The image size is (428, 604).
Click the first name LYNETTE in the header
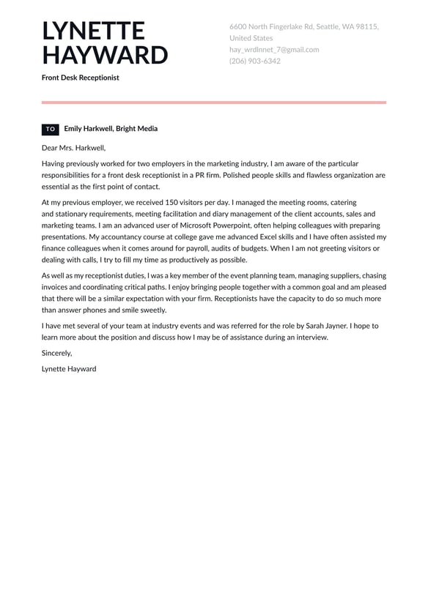point(93,31)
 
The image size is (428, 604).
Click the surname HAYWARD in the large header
point(105,56)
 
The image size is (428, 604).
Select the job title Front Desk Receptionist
point(80,77)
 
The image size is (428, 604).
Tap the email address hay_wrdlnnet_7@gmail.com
point(274,50)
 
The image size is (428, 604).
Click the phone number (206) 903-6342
point(254,61)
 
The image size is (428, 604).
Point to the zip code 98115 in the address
point(366,26)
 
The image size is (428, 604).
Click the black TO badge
point(50,129)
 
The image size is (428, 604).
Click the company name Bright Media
point(136,129)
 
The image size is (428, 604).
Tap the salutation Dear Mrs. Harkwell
point(73,147)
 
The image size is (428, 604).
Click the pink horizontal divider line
point(214,102)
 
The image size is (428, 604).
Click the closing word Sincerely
point(56,353)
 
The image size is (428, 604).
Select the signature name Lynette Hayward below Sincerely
point(69,369)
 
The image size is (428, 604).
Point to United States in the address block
point(251,38)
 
